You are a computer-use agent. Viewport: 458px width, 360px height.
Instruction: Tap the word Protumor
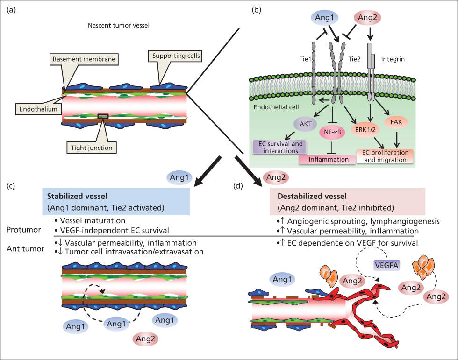click(x=23, y=230)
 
